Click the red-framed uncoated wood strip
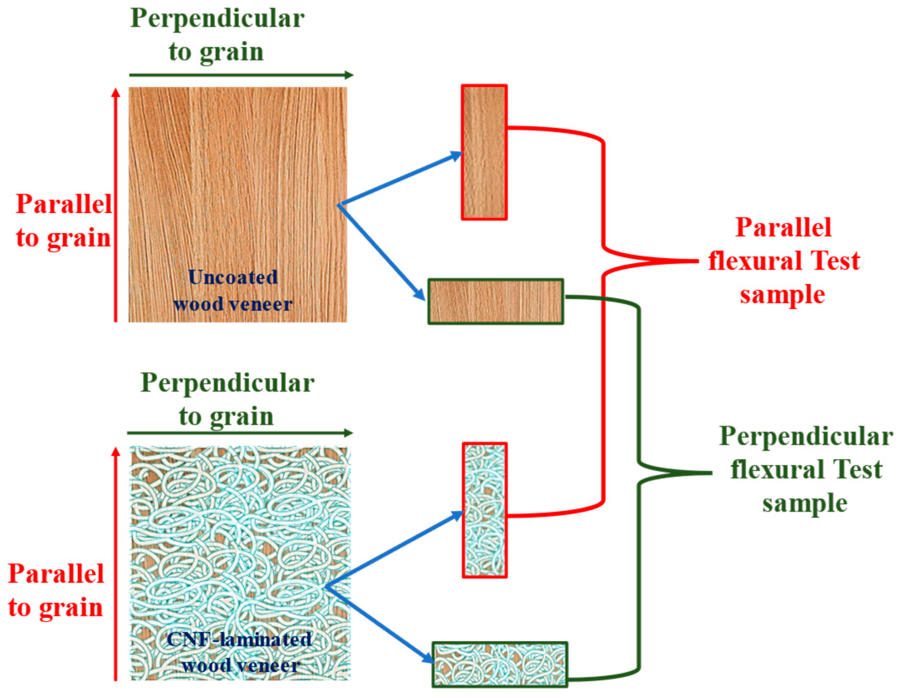484,152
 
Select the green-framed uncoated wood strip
495,302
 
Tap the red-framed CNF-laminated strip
485,510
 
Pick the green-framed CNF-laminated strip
500,665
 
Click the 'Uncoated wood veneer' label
233,291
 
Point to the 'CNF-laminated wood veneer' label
240,653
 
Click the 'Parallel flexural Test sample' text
783,261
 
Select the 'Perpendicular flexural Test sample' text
806,470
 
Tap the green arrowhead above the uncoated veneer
349,75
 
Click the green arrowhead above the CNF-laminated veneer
349,433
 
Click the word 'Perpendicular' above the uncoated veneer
217,19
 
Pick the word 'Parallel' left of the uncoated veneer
64,204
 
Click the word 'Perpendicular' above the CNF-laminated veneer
227,383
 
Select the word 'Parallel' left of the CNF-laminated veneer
56,574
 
